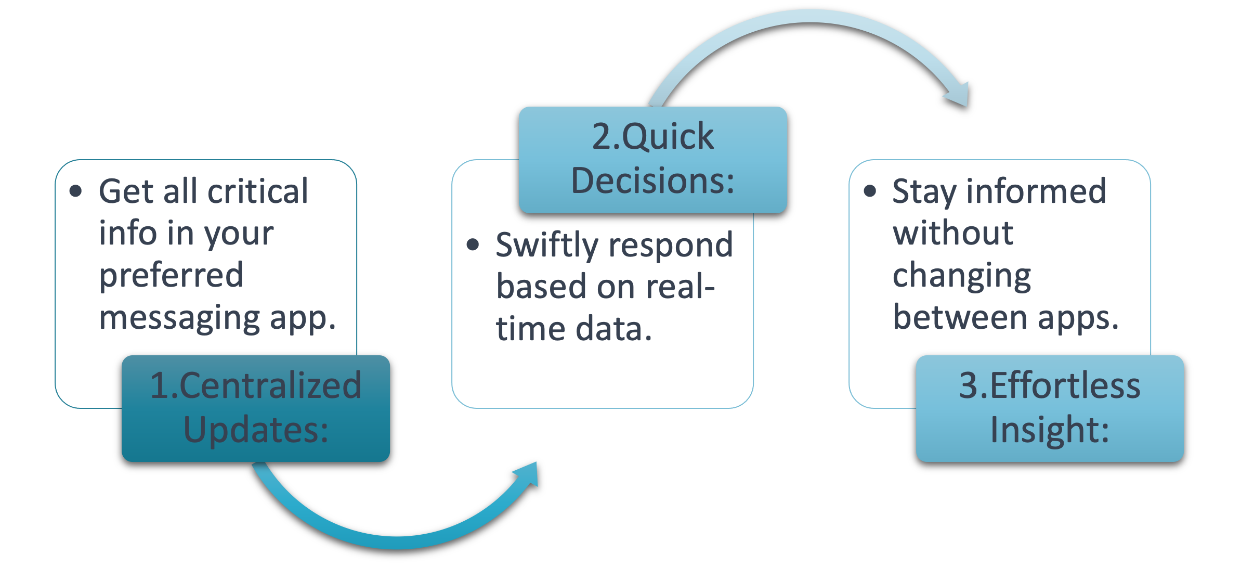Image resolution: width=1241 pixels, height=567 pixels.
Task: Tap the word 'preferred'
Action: [x=171, y=276]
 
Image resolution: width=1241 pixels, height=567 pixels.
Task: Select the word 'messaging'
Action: [x=179, y=318]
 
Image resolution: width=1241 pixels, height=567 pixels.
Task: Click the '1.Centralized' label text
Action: [x=255, y=386]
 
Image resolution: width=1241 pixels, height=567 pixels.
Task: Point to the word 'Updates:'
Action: [x=256, y=430]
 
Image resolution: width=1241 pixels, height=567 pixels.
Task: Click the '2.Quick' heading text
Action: [x=652, y=137]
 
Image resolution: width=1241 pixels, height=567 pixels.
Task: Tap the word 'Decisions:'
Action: [x=652, y=181]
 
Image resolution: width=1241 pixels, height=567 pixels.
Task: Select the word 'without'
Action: [x=953, y=233]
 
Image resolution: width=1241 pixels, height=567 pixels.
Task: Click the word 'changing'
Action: [x=962, y=276]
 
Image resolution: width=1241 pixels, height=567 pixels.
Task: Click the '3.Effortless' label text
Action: [x=1049, y=386]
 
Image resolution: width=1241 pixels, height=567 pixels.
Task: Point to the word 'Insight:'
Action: [x=1049, y=430]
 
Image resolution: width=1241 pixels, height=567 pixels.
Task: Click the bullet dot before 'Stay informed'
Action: [x=870, y=191]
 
